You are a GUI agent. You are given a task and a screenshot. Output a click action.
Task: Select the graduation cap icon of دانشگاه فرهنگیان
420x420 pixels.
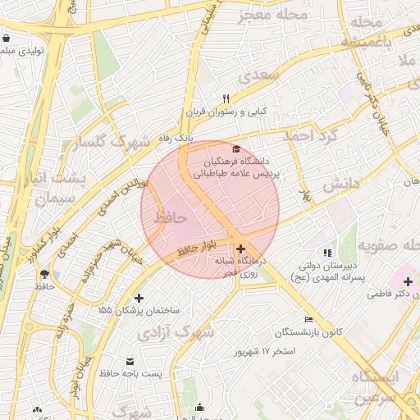coord(237,148)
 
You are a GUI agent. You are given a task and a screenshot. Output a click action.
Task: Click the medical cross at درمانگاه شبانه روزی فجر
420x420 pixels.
coord(240,249)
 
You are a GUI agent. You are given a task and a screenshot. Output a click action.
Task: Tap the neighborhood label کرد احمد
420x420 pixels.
coord(309,135)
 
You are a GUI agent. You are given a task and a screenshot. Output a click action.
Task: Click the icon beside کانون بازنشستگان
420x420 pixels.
coord(308,319)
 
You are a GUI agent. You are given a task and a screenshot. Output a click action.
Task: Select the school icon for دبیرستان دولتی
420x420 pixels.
coord(327,253)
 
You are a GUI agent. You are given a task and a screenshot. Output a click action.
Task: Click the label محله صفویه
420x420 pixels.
coord(387,244)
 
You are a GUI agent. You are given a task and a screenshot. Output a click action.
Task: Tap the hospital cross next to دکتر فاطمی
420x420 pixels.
coord(408,282)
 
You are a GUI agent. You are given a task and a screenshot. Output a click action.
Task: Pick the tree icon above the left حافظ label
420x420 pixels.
coord(43,274)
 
